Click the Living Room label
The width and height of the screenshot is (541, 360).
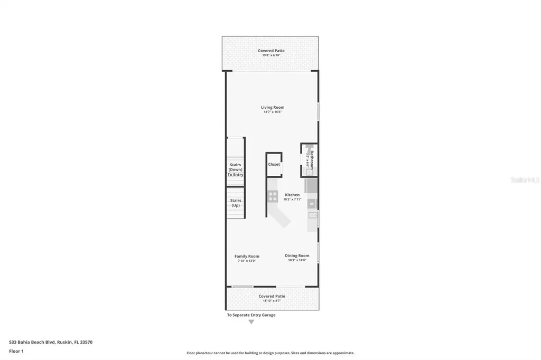coord(272,107)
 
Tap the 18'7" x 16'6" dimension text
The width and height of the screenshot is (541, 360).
coord(272,112)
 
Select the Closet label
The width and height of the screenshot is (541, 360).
coord(274,164)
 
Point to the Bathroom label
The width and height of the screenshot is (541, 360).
coord(312,159)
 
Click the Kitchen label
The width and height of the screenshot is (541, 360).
coord(292,195)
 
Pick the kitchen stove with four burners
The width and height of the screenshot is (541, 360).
coord(273,196)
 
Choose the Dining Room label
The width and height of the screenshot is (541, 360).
coord(297,255)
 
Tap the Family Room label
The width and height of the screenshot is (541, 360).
coord(247,257)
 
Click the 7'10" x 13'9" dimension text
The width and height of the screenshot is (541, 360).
coord(247,261)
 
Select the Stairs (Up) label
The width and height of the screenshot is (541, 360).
coord(236,203)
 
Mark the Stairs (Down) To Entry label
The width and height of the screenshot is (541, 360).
coord(236,169)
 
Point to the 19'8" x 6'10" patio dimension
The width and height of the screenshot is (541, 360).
coord(271,55)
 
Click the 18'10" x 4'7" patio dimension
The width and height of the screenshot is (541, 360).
coord(272,301)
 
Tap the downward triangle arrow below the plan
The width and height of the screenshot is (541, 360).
coord(251,321)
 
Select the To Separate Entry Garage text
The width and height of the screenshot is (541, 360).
coord(251,315)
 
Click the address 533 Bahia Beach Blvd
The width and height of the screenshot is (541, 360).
coord(51,342)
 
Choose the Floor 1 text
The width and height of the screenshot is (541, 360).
coord(16,351)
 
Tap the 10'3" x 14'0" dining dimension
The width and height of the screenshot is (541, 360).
coord(297,260)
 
